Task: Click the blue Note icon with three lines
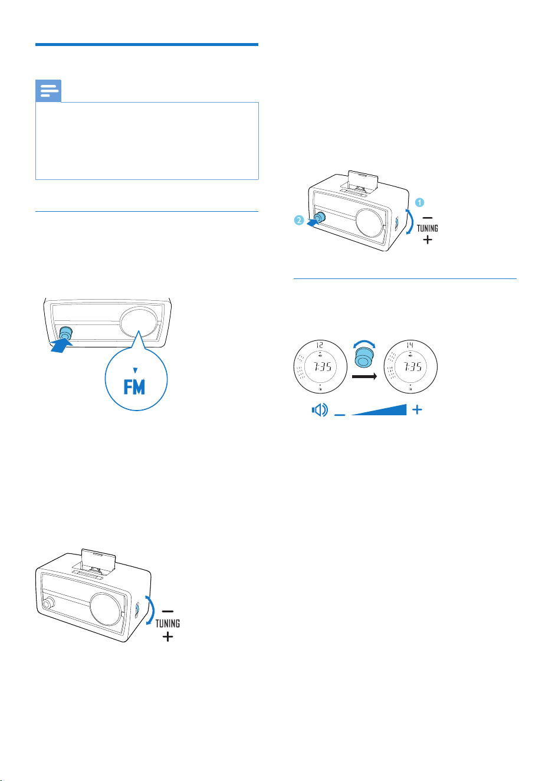click(x=48, y=91)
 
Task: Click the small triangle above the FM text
click(x=135, y=370)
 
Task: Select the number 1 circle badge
click(x=419, y=202)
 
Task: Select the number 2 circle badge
click(x=299, y=221)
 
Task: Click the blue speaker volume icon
click(x=320, y=410)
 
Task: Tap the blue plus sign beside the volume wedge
click(x=417, y=410)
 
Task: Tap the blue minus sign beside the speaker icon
click(x=340, y=415)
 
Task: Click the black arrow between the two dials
click(x=364, y=376)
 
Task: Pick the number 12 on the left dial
click(x=320, y=345)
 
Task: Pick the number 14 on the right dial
click(x=410, y=345)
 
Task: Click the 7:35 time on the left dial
click(x=323, y=366)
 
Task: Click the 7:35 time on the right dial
click(x=413, y=366)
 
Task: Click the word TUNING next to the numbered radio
click(x=427, y=228)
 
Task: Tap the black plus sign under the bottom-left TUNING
click(x=167, y=637)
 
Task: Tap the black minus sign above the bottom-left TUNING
click(x=167, y=611)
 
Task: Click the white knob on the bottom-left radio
click(x=48, y=603)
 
